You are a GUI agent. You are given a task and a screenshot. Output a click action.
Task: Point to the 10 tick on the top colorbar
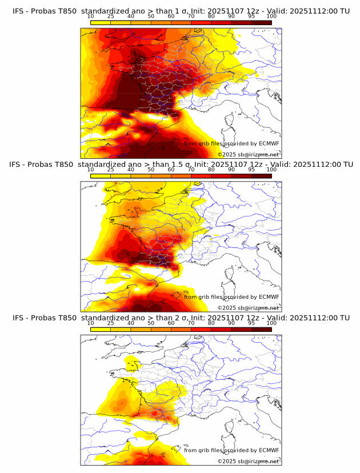point(91,17)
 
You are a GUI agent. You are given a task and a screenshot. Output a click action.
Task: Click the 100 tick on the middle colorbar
point(271,170)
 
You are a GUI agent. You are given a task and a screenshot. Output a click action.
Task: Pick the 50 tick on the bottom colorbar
point(151,323)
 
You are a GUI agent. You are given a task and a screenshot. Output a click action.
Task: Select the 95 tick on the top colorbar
point(251,17)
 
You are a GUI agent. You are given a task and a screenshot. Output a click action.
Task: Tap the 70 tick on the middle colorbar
point(191,170)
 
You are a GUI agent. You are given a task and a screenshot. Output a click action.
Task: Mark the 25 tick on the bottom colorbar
point(111,323)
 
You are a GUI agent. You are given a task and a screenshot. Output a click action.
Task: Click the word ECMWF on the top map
point(269,143)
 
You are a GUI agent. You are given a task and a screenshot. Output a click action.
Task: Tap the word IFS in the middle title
point(15,165)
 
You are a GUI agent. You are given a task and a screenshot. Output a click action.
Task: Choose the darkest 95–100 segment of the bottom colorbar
point(261,330)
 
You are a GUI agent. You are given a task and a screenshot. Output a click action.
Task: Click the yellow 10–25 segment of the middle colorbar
point(101,176)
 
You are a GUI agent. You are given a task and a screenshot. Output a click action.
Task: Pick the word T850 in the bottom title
point(65,318)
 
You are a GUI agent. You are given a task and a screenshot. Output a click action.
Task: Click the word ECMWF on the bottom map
point(269,450)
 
